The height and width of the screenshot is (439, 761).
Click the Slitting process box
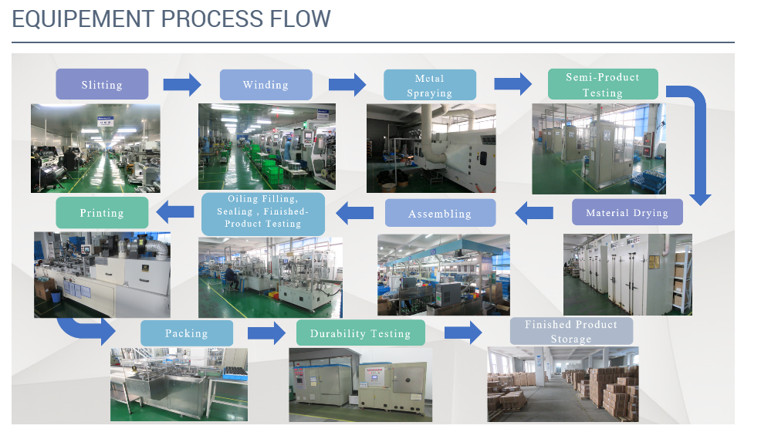pyautogui.click(x=102, y=84)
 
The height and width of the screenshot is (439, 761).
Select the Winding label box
pyautogui.click(x=266, y=85)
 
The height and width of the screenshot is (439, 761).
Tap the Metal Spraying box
pyautogui.click(x=430, y=85)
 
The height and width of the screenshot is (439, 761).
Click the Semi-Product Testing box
pyautogui.click(x=603, y=84)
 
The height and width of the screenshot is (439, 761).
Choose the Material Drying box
pyautogui.click(x=627, y=212)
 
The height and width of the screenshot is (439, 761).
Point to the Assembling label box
pyautogui.click(x=440, y=213)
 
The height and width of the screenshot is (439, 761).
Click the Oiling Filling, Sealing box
pyautogui.click(x=263, y=213)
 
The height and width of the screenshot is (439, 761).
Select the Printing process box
pyautogui.click(x=101, y=212)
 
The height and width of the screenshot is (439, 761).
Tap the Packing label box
pyautogui.click(x=187, y=333)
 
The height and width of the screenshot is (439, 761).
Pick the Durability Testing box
pyautogui.click(x=360, y=333)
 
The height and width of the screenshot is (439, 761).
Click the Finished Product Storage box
pyautogui.click(x=571, y=331)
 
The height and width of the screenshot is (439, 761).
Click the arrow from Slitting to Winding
pyautogui.click(x=182, y=84)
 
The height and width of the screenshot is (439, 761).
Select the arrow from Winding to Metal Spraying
pyautogui.click(x=347, y=84)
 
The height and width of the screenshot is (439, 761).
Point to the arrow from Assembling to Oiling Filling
pyautogui.click(x=355, y=212)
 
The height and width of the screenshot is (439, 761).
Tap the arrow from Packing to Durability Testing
pyautogui.click(x=266, y=333)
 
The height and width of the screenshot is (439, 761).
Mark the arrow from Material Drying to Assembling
pyautogui.click(x=534, y=212)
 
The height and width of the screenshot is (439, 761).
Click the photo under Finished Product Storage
pyautogui.click(x=563, y=383)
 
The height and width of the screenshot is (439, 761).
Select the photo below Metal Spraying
pyautogui.click(x=431, y=148)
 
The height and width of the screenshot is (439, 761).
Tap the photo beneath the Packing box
pyautogui.click(x=179, y=383)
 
